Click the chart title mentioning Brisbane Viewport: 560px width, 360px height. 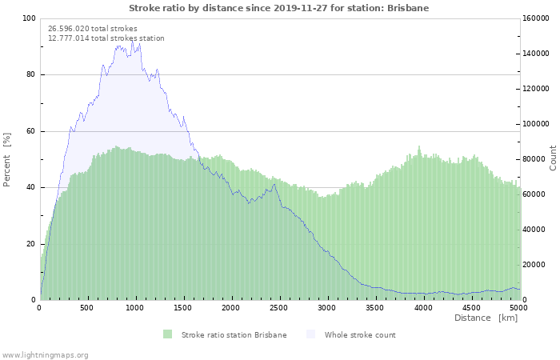tap(279, 8)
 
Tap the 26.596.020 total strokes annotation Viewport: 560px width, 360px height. tap(93, 28)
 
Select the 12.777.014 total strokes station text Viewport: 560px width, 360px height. tap(106, 38)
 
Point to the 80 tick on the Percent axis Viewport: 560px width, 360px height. tap(30, 75)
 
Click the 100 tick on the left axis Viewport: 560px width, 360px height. tap(28, 18)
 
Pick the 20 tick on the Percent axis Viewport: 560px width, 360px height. tap(30, 244)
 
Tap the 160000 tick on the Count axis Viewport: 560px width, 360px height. tap(538, 18)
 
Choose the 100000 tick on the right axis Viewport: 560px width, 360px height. tap(538, 124)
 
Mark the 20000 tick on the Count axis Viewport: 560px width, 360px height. tap(535, 265)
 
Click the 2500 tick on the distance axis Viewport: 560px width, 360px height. tap(279, 308)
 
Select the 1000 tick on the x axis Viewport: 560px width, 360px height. tap(135, 308)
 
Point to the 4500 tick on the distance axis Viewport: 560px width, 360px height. tap(471, 308)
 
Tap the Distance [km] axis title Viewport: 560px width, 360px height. tap(486, 318)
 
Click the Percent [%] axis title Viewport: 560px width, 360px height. tap(7, 159)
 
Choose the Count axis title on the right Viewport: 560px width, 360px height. tap(553, 157)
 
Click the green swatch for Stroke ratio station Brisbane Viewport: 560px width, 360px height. tap(167, 334)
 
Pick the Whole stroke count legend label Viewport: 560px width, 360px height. tap(360, 334)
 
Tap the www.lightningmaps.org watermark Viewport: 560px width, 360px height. tap(45, 354)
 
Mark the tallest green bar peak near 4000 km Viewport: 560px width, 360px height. tap(419, 147)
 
